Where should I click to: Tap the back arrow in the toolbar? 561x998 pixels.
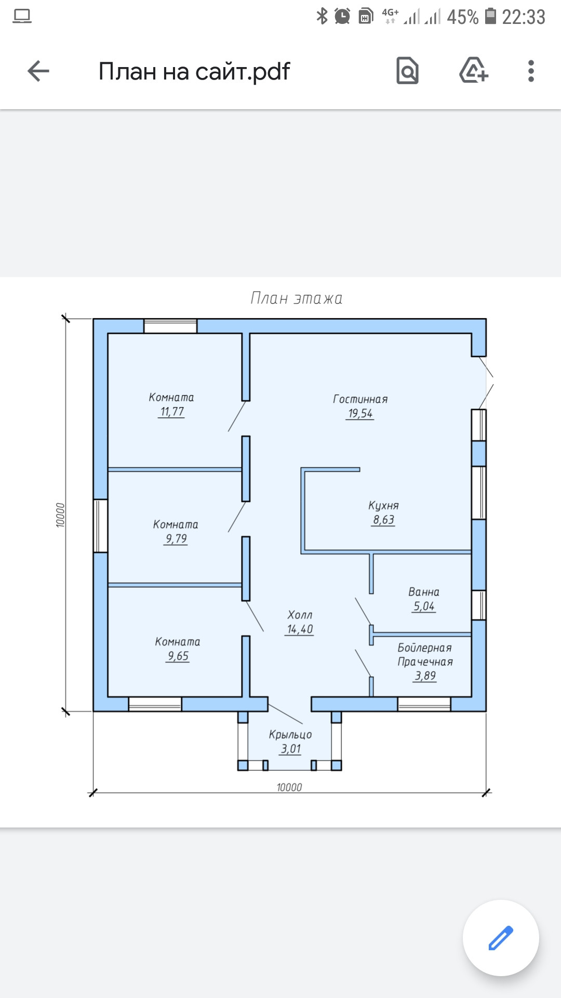point(38,71)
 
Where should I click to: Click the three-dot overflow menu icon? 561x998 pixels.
point(531,71)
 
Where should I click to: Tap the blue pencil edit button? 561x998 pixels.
point(501,938)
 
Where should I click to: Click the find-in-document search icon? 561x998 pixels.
point(407,71)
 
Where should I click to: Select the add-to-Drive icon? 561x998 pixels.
point(474,70)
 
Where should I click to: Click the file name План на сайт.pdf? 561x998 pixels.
point(194,72)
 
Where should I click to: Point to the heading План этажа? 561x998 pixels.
point(297,298)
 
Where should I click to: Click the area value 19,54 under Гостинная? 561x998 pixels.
point(360,414)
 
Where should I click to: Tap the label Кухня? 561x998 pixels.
point(383,506)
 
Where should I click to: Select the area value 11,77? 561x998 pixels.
point(171,412)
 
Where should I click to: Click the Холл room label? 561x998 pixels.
point(300,615)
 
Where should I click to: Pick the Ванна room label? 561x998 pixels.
point(424,592)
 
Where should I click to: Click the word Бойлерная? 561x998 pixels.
point(424,648)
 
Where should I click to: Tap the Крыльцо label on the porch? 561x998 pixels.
point(290,734)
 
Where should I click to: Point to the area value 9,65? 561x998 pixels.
point(178,656)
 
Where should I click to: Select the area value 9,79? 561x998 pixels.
point(176,539)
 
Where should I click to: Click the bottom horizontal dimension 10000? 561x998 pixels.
point(289,787)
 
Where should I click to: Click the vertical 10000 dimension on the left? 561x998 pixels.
point(60,515)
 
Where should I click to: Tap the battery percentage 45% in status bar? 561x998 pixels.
point(463,17)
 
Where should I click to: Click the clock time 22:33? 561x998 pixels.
point(524,17)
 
